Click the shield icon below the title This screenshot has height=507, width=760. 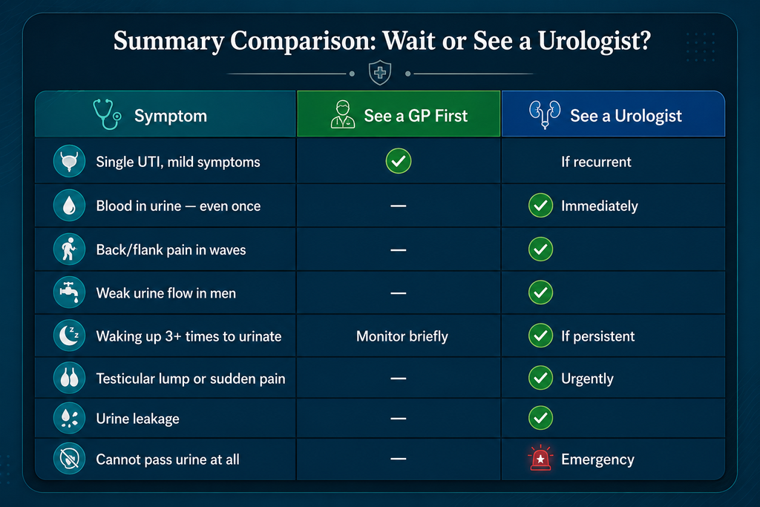pos(380,73)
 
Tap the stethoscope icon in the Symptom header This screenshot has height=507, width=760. pos(107,114)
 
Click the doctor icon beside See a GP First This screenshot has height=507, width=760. pos(343,114)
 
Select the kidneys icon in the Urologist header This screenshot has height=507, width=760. pos(545,114)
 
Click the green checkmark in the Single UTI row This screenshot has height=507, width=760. pos(399,161)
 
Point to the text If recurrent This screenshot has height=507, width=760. pos(596,162)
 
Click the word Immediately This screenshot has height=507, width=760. pos(600,206)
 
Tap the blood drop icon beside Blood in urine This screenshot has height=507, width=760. pos(69,206)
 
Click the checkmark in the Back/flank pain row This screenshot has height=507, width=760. pos(540,249)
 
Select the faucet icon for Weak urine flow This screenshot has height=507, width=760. pos(69,292)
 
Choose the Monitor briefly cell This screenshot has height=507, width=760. pos(402,336)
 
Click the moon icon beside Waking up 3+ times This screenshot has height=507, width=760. pos(69,336)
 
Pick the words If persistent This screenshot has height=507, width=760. pos(597,336)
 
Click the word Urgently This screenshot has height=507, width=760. pos(587,379)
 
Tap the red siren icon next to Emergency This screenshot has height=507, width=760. pos(540,458)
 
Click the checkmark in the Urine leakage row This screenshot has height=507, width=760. pos(540,418)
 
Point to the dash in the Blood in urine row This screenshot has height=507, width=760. pos(399,206)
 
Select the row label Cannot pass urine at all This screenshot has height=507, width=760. pos(168,459)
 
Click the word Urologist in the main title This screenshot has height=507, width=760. pos(594,42)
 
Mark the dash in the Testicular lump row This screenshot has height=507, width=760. pos(399,379)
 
